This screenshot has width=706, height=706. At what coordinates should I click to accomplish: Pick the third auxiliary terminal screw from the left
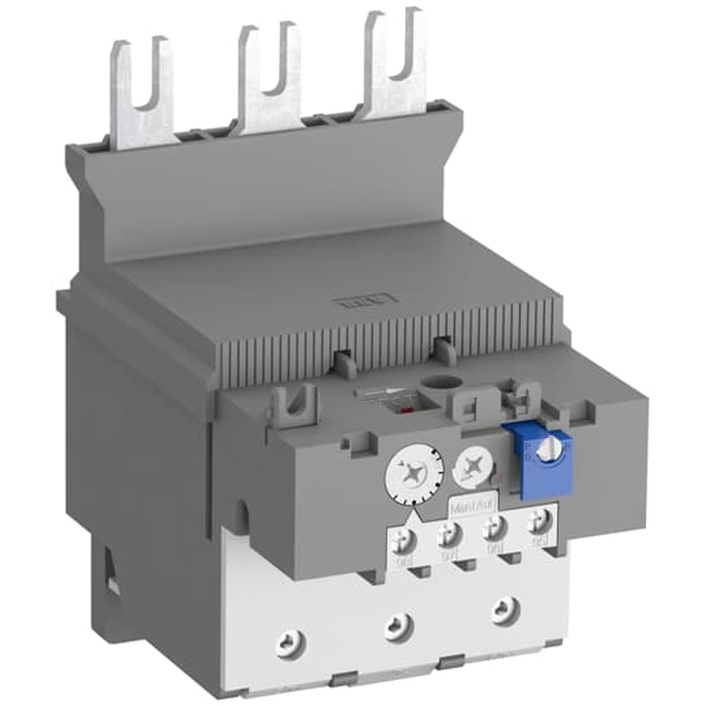(x=495, y=526)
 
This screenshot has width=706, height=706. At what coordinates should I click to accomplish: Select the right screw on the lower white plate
(x=503, y=606)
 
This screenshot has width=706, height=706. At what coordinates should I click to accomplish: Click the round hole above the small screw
(x=431, y=385)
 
